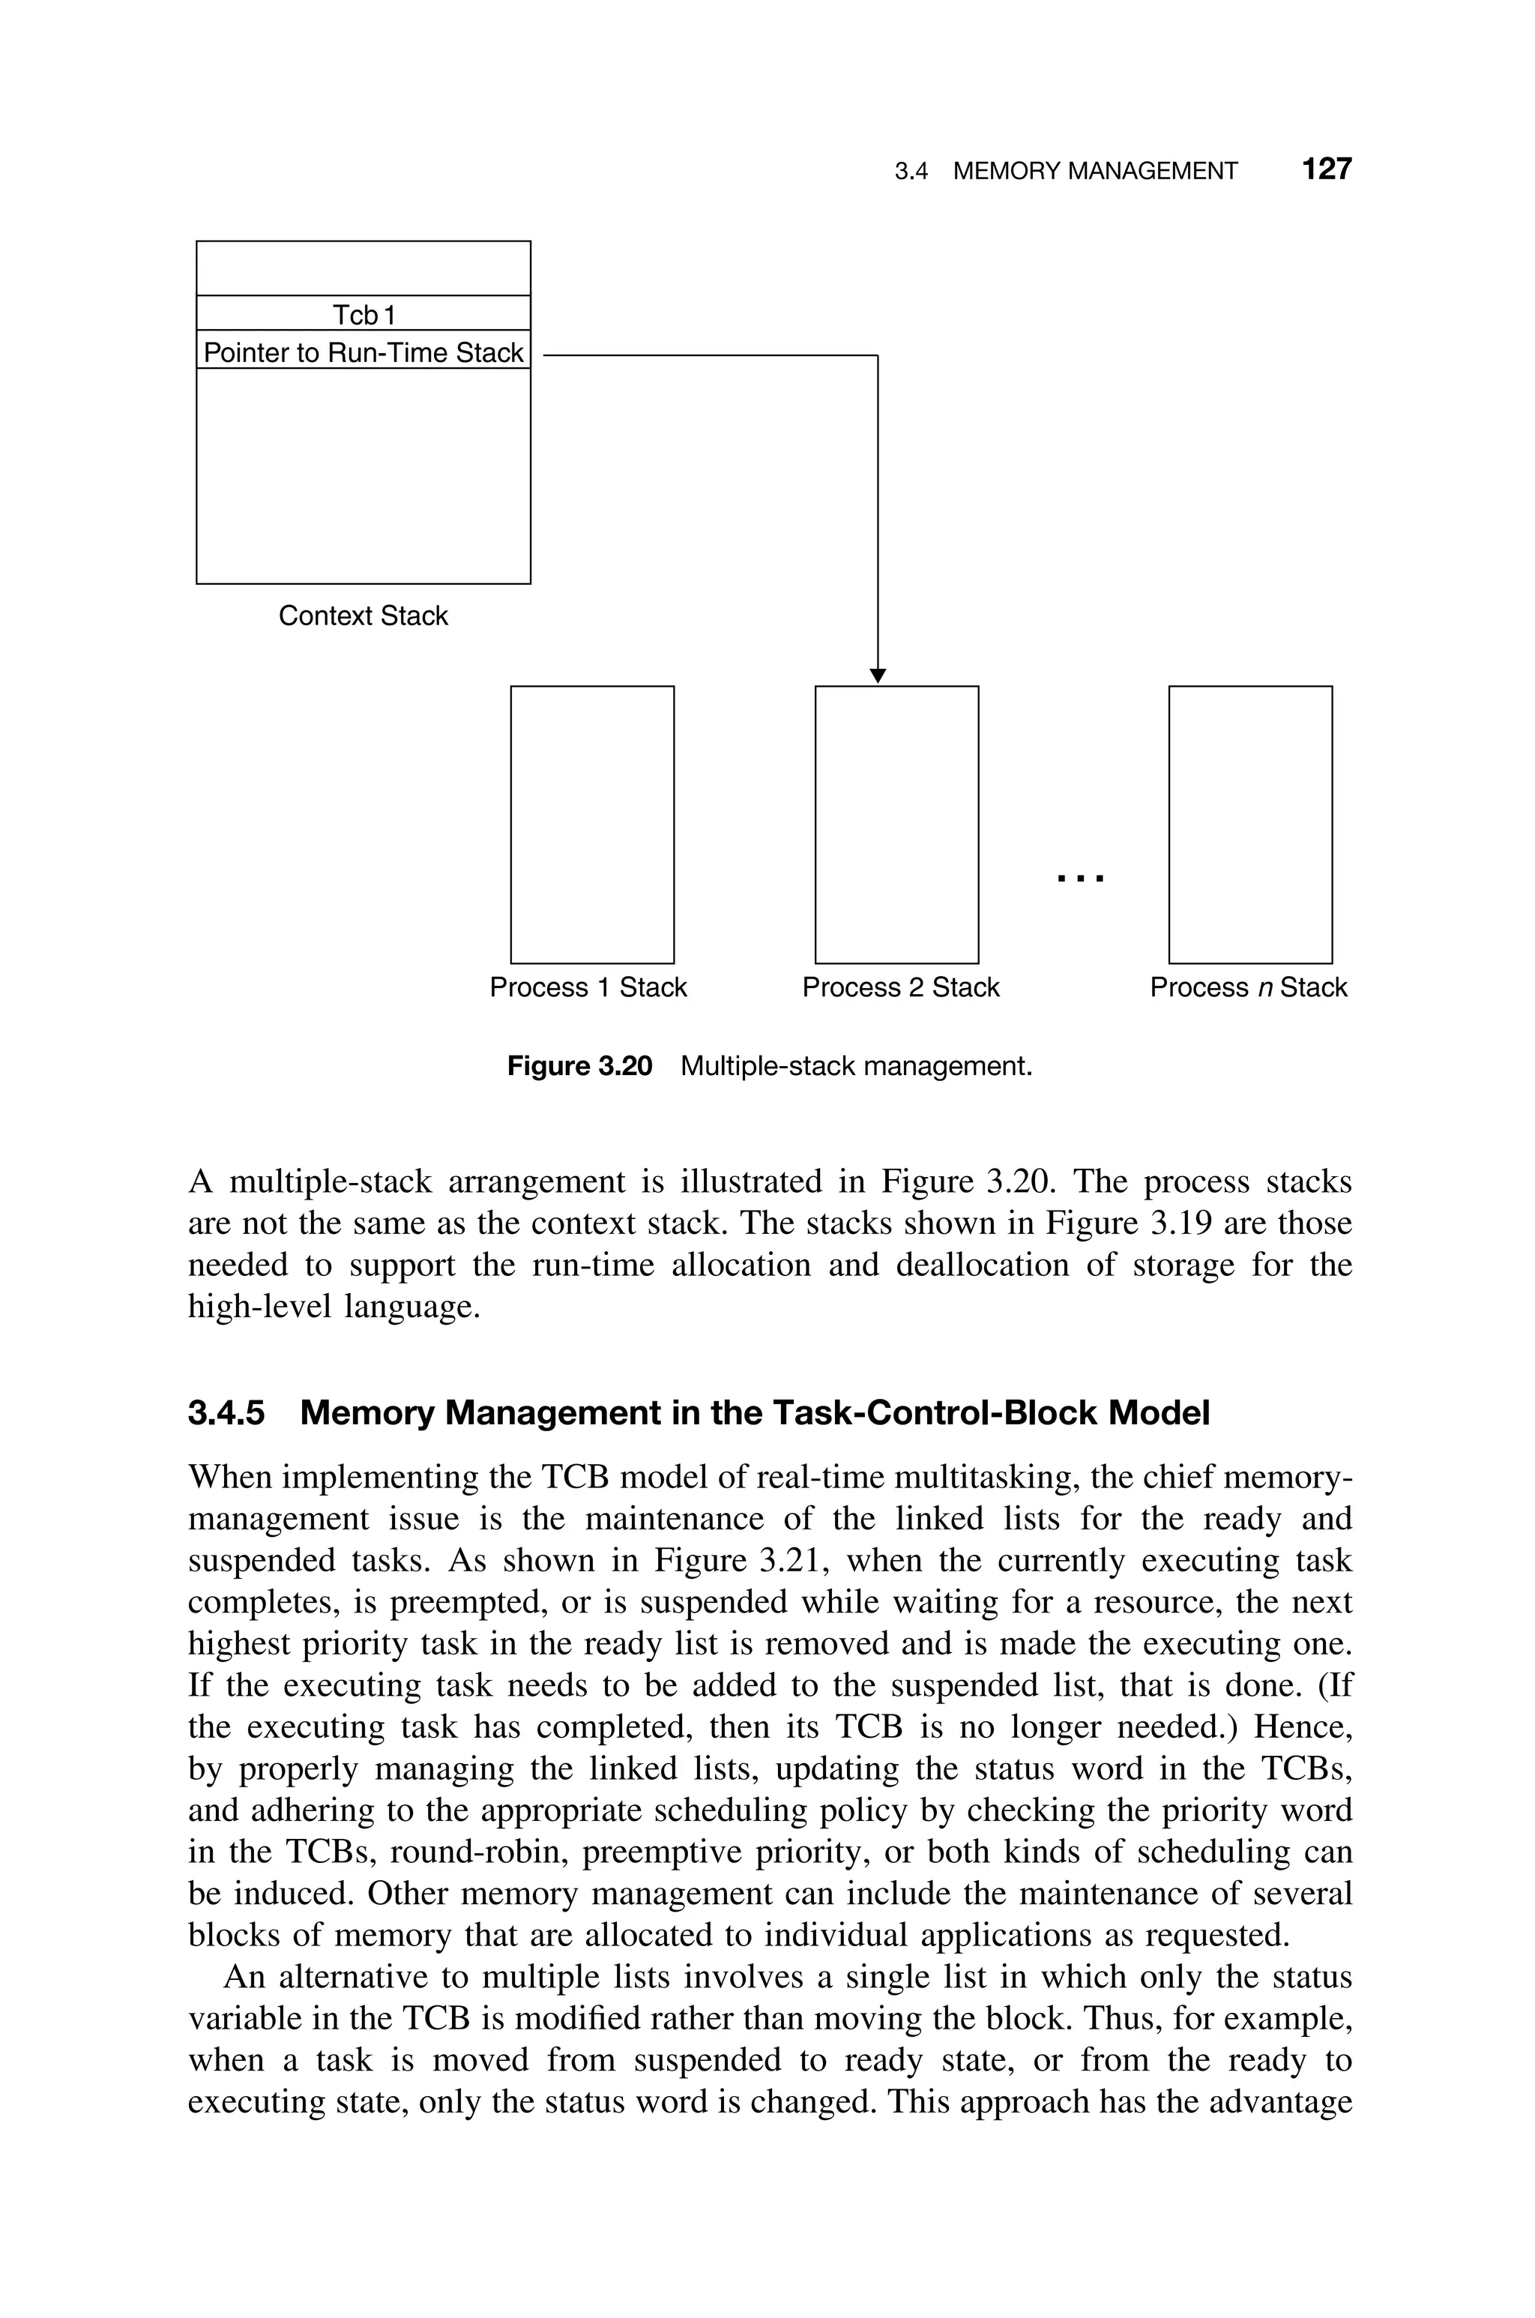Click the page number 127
point(1327,169)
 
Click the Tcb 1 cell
point(364,314)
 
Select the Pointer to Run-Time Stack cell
point(364,352)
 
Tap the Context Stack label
point(364,615)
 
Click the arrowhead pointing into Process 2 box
point(878,675)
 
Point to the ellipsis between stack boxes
point(1081,879)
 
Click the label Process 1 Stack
point(588,987)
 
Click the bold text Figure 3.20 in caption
point(579,1066)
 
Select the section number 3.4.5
point(226,1413)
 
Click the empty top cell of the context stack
point(364,268)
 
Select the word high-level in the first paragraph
point(259,1307)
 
